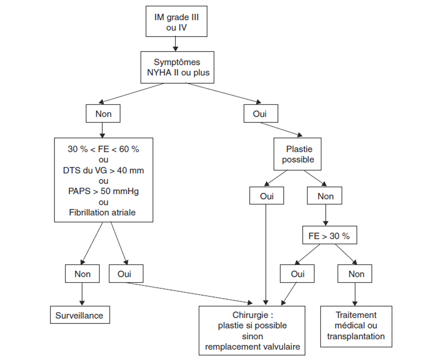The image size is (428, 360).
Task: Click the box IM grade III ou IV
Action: click(176, 21)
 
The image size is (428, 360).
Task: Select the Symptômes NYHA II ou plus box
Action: click(177, 67)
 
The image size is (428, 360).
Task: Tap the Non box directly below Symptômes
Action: click(103, 114)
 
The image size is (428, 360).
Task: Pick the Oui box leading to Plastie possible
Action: click(261, 114)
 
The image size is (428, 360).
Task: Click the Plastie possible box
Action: click(297, 154)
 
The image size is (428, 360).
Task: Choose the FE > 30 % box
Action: click(329, 236)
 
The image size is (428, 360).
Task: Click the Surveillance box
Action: click(80, 315)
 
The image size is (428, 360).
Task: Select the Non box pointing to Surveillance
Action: click(82, 274)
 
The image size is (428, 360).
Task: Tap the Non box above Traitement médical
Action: click(355, 274)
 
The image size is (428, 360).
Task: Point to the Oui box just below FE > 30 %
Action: click(297, 274)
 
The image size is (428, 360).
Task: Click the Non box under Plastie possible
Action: click(324, 196)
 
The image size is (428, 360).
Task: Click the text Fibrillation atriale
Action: click(102, 212)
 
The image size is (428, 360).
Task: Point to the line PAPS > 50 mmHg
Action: click(103, 191)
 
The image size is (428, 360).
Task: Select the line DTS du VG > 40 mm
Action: click(103, 170)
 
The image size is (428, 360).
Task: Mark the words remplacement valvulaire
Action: click(253, 347)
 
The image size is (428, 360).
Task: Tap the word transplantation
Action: click(356, 336)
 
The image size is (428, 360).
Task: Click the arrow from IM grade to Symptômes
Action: click(175, 44)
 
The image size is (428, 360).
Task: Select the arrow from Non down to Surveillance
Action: click(82, 294)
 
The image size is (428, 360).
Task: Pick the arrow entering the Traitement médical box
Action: click(355, 294)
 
